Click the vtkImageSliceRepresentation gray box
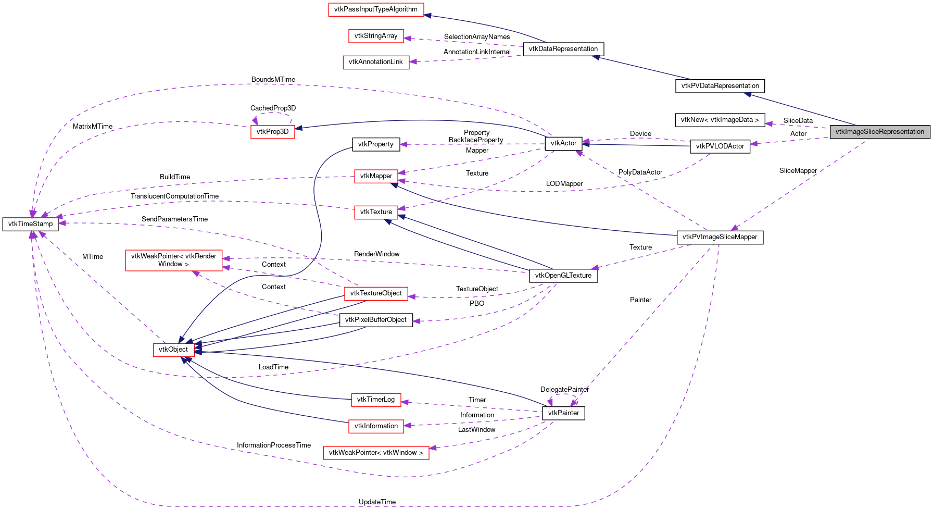point(879,132)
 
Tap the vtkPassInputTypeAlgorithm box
point(375,9)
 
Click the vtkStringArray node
point(375,36)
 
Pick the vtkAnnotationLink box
point(375,62)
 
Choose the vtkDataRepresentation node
point(563,49)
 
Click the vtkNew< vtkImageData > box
point(720,120)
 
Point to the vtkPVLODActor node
point(720,146)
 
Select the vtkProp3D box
point(272,132)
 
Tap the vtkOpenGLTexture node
point(563,276)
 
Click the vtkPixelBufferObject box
point(375,320)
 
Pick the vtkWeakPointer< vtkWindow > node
point(375,453)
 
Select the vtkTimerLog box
point(375,400)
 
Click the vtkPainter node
point(563,413)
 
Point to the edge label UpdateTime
point(377,502)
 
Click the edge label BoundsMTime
point(273,80)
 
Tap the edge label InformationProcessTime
point(273,445)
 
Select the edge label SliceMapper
point(798,171)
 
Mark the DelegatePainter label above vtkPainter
point(564,390)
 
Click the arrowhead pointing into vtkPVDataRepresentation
point(748,94)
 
